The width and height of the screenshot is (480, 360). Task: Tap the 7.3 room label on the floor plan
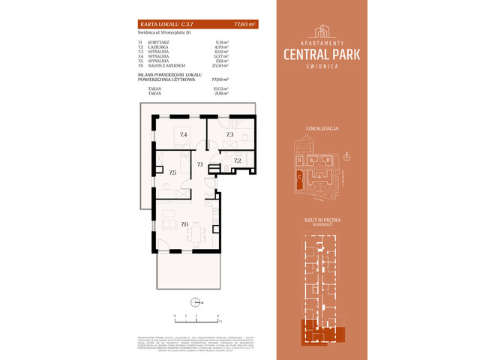tap(230, 135)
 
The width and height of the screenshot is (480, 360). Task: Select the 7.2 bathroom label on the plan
tap(237, 160)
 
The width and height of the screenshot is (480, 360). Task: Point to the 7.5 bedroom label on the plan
tap(172, 173)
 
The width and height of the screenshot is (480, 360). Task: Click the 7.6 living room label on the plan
tap(184, 223)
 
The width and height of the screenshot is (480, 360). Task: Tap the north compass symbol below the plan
tap(195, 302)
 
